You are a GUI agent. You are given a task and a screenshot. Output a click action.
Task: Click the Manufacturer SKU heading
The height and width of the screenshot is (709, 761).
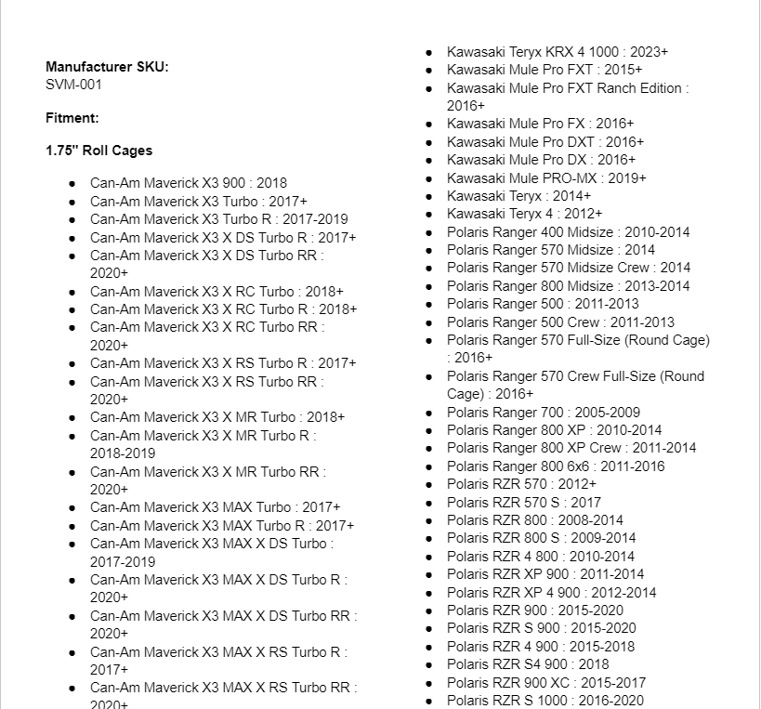point(107,67)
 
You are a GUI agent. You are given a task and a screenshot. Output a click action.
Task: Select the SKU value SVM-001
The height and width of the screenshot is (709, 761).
point(73,85)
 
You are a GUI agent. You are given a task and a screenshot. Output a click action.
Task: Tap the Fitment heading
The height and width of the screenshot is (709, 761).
point(72,118)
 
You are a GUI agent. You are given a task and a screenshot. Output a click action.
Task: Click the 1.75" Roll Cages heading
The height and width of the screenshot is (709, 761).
point(98,151)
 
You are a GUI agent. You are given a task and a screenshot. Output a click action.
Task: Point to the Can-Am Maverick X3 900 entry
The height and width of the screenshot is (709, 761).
point(188,183)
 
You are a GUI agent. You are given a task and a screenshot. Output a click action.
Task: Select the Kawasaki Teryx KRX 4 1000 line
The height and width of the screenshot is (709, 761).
point(557,52)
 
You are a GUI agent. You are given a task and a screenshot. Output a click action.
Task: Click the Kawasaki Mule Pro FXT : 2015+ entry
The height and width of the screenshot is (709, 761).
point(544,70)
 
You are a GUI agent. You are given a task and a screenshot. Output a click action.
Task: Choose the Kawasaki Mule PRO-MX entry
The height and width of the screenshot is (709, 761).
point(545,177)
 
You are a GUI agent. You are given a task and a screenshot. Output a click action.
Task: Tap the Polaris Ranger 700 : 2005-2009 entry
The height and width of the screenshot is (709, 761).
point(543,412)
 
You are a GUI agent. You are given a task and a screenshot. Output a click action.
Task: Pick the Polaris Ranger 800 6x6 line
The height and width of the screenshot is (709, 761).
point(555,466)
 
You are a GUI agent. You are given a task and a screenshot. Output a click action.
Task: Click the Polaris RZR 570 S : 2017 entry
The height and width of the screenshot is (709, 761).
point(523,502)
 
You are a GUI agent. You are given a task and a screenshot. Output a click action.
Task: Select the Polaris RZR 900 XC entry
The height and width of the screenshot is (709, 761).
point(545,682)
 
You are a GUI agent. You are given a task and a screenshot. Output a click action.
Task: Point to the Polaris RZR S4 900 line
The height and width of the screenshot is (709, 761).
point(528,663)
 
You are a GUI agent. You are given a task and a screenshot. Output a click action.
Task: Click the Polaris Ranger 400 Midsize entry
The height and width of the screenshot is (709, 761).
point(568,231)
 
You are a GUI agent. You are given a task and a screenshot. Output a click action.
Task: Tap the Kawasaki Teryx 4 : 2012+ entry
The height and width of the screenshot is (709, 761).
point(511,214)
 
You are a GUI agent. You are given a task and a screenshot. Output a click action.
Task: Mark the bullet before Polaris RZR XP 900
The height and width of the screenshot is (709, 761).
point(428,574)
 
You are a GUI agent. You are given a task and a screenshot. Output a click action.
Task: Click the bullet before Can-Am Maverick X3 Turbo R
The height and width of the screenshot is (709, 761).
point(72,219)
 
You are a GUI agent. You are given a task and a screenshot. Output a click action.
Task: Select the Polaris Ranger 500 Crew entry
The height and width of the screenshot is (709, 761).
point(560,322)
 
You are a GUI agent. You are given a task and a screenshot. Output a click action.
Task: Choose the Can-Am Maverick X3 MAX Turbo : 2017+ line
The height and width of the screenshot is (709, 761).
point(215,506)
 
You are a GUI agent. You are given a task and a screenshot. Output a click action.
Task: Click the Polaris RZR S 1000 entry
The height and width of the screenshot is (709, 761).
point(545,700)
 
